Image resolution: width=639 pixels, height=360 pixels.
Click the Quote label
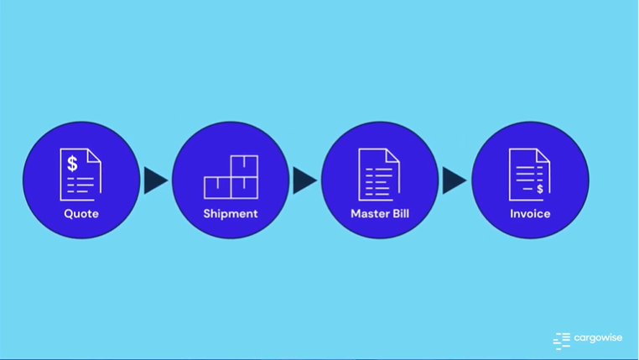click(81, 214)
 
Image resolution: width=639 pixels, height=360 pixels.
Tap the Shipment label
click(231, 214)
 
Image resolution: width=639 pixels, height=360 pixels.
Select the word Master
click(370, 214)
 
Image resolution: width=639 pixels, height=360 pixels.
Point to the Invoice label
click(530, 214)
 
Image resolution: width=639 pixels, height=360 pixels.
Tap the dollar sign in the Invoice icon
click(540, 189)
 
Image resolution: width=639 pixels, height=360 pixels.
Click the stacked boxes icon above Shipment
click(231, 176)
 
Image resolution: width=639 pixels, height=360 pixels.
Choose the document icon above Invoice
click(530, 175)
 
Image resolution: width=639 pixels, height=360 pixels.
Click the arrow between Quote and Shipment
click(155, 180)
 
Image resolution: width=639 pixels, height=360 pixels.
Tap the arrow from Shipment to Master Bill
click(304, 180)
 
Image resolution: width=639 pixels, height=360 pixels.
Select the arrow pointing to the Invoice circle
click(454, 180)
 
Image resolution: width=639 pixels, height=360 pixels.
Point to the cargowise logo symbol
click(561, 340)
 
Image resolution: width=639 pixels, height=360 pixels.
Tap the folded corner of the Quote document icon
click(95, 155)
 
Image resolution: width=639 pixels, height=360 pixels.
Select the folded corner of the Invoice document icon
click(543, 155)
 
